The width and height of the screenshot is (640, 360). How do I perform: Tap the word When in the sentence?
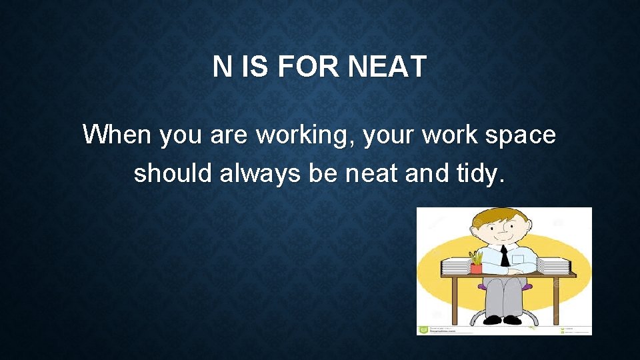tap(117, 135)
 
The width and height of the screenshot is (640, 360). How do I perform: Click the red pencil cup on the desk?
tap(476, 267)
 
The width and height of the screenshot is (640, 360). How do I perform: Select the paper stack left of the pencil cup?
tap(457, 266)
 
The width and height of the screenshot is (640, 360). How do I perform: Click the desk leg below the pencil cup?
tap(454, 300)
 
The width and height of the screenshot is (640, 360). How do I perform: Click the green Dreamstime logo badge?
tap(423, 329)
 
